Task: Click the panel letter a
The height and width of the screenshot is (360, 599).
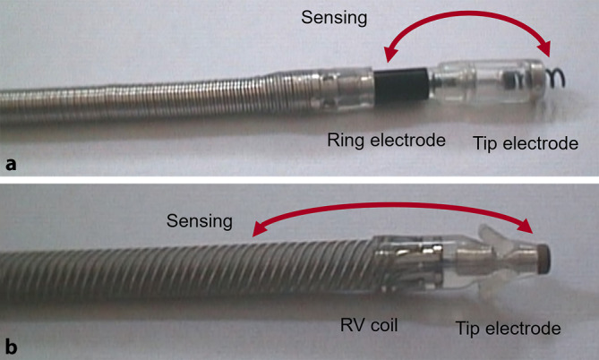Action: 11,164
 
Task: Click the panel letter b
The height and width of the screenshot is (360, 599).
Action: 12,344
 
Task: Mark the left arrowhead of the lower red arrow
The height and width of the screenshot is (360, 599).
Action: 255,233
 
